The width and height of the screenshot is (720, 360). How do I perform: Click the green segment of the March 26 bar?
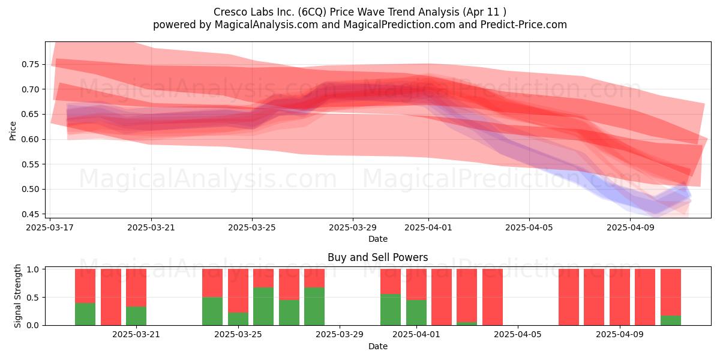pyautogui.click(x=263, y=306)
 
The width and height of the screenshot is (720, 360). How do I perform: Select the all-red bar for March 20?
pyautogui.click(x=111, y=297)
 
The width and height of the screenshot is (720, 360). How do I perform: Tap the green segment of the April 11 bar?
pyautogui.click(x=671, y=320)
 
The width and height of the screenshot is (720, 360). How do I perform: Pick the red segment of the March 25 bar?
pyautogui.click(x=238, y=291)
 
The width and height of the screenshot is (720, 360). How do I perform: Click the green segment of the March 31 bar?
pyautogui.click(x=391, y=310)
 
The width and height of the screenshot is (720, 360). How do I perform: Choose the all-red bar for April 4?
pyautogui.click(x=493, y=297)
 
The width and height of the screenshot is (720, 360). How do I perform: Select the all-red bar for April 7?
pyautogui.click(x=569, y=297)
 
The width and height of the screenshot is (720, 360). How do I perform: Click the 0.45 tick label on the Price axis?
pyautogui.click(x=31, y=214)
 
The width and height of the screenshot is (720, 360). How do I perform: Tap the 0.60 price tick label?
pyautogui.click(x=31, y=139)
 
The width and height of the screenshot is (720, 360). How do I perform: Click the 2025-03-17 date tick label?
pyautogui.click(x=50, y=227)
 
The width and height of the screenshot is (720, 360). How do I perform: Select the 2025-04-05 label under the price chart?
pyautogui.click(x=529, y=227)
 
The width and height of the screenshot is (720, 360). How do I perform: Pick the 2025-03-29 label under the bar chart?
pyautogui.click(x=340, y=335)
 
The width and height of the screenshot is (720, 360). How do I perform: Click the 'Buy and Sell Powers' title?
pyautogui.click(x=377, y=257)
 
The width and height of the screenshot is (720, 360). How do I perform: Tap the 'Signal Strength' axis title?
pyautogui.click(x=17, y=296)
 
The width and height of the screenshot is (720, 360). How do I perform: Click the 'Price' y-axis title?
pyautogui.click(x=13, y=131)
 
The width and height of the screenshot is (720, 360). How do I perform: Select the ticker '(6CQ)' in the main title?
pyautogui.click(x=312, y=12)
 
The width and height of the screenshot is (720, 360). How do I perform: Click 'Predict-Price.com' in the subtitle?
pyautogui.click(x=524, y=25)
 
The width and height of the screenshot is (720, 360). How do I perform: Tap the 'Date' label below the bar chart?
pyautogui.click(x=378, y=346)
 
